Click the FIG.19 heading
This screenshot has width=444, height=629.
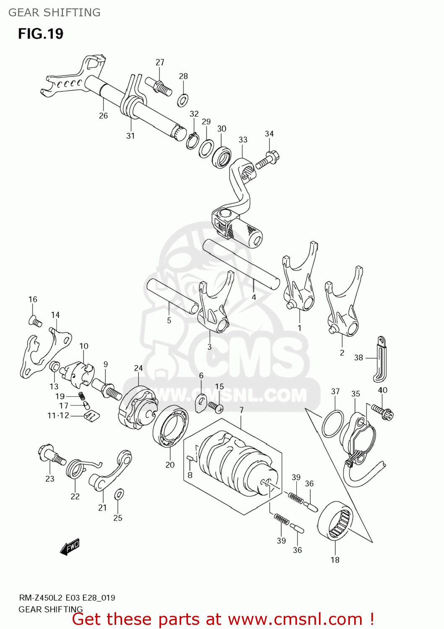tap(41, 34)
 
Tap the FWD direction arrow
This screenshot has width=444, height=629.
tap(70, 547)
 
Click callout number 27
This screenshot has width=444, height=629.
tap(160, 62)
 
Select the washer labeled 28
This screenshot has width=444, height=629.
tap(183, 100)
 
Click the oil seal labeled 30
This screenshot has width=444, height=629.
tap(222, 157)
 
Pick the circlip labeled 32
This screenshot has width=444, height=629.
tap(193, 140)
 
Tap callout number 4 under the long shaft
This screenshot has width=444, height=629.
tap(253, 297)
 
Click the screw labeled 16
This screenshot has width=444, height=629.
tap(35, 322)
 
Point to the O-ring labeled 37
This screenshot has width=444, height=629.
tap(333, 424)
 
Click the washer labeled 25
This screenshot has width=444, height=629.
tap(119, 494)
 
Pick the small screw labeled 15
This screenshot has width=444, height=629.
tap(216, 406)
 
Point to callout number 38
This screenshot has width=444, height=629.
tap(358, 358)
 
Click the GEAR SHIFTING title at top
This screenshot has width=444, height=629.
tap(55, 13)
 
